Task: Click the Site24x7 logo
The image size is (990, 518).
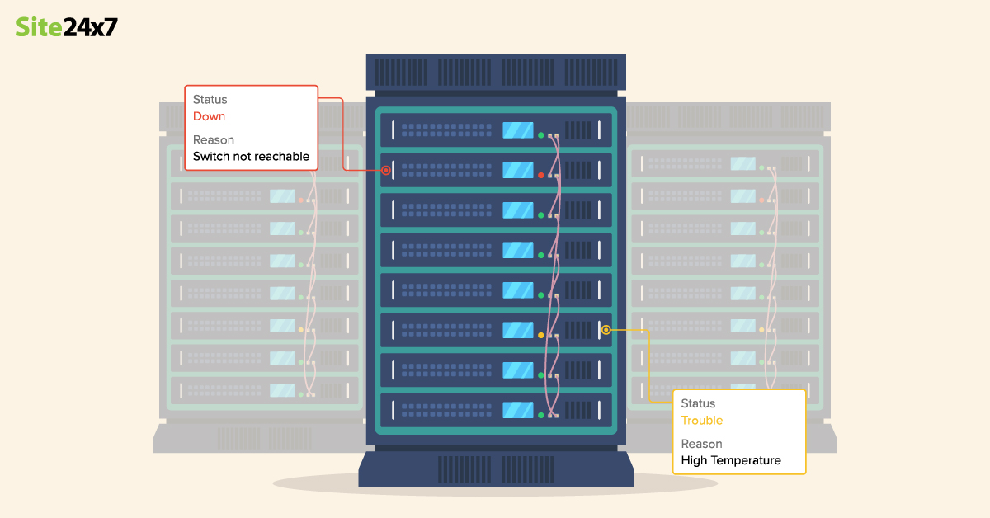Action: coord(67,27)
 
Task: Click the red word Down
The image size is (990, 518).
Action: coord(209,116)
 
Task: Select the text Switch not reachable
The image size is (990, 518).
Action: coord(251,156)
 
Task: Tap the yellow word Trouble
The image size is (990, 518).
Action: coord(701,421)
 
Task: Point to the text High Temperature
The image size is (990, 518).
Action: coord(730,460)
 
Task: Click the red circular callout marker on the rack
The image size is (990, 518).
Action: coord(385,171)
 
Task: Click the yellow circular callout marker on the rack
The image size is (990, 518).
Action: coord(606,330)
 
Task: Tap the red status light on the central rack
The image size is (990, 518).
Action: coord(541,175)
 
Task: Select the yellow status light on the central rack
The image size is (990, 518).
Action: coord(541,335)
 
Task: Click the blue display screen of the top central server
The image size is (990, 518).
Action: coord(518,130)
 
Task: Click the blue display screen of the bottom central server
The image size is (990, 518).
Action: coord(518,409)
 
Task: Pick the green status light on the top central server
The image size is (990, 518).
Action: coord(541,135)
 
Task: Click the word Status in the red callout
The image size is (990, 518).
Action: coord(210,99)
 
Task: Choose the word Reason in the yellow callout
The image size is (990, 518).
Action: coord(701,444)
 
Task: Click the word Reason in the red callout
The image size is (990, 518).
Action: coord(214,139)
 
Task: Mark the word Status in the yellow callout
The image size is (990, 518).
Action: coord(698,403)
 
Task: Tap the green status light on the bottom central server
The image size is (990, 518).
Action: coord(541,415)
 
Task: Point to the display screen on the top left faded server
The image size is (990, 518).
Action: coord(282,165)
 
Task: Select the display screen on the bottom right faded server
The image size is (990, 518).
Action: coord(742,388)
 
